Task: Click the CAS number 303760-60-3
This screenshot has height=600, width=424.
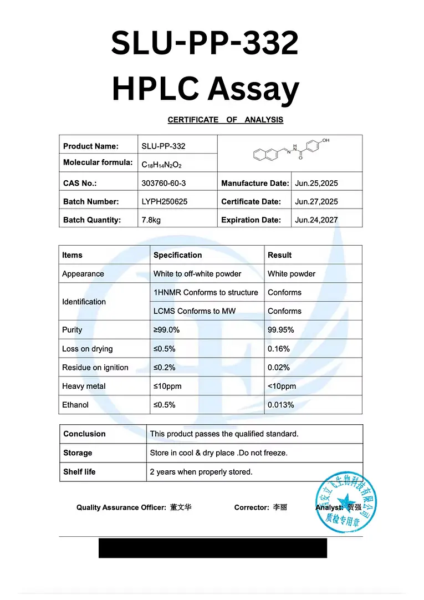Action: [x=165, y=184]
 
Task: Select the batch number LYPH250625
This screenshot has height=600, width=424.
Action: [x=165, y=202]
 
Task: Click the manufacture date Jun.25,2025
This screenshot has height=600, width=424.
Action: [x=316, y=184]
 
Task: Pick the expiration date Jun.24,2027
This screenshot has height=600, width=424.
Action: [x=316, y=220]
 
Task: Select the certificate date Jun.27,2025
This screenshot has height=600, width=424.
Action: [x=316, y=202]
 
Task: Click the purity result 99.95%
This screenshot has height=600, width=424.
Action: [x=281, y=330]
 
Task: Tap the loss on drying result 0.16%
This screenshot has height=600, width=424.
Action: [x=279, y=349]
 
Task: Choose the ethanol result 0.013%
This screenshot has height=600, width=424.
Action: [x=281, y=405]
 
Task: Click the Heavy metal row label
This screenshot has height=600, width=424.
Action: [x=84, y=386]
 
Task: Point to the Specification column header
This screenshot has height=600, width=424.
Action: [x=177, y=255]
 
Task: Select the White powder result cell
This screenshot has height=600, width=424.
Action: [x=292, y=274]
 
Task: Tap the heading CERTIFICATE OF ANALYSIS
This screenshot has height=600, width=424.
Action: [x=225, y=120]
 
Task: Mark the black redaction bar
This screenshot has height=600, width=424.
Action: [x=213, y=548]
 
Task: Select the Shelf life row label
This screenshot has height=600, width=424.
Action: [x=79, y=472]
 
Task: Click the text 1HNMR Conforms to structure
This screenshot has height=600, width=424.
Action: [x=206, y=292]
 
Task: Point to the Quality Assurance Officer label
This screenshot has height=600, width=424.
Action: [x=121, y=507]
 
